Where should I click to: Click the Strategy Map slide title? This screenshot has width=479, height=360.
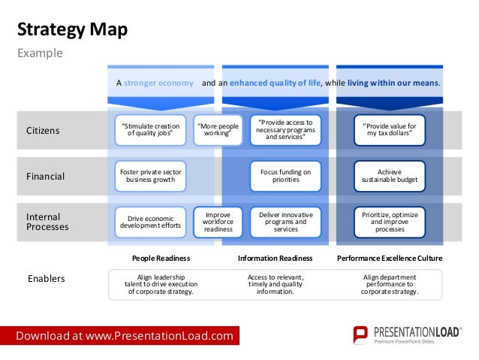pos(72,30)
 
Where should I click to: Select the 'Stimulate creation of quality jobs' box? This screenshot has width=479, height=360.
pos(151,131)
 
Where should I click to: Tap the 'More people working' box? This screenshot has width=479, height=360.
pos(217,131)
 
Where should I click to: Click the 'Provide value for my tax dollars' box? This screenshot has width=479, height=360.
pos(389,130)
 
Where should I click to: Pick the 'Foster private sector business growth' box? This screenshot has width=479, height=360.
pos(151,176)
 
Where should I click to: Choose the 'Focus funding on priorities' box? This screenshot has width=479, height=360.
pos(285,176)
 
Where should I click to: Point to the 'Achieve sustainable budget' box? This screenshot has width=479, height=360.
pos(389,176)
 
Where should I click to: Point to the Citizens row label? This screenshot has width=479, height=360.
pos(43,131)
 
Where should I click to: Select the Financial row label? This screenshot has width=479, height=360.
pos(46,177)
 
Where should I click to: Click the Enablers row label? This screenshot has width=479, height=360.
pos(46,279)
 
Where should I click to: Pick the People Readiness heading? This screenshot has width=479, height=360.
pos(161,258)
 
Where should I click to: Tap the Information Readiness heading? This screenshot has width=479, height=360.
pos(276,258)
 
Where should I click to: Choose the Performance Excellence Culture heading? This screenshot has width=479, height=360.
pos(389,258)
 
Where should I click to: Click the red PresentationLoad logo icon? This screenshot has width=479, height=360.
pos(360,335)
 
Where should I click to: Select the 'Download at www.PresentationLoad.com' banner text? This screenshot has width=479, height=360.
pos(125,335)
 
